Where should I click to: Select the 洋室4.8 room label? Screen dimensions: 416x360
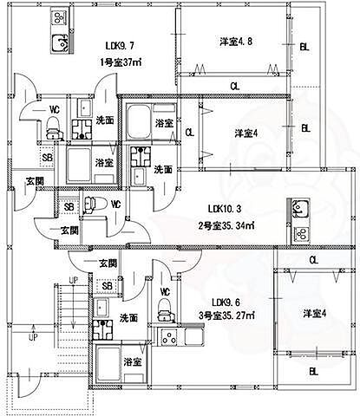click(233, 42)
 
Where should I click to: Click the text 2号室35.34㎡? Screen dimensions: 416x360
click(227, 225)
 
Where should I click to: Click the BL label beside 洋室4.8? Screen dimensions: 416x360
click(304, 48)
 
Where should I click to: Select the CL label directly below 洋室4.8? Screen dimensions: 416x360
click(235, 85)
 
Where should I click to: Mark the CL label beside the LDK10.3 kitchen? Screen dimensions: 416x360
click(313, 259)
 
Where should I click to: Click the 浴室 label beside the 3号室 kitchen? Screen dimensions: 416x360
click(132, 361)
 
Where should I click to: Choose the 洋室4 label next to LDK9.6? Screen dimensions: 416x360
click(313, 313)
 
